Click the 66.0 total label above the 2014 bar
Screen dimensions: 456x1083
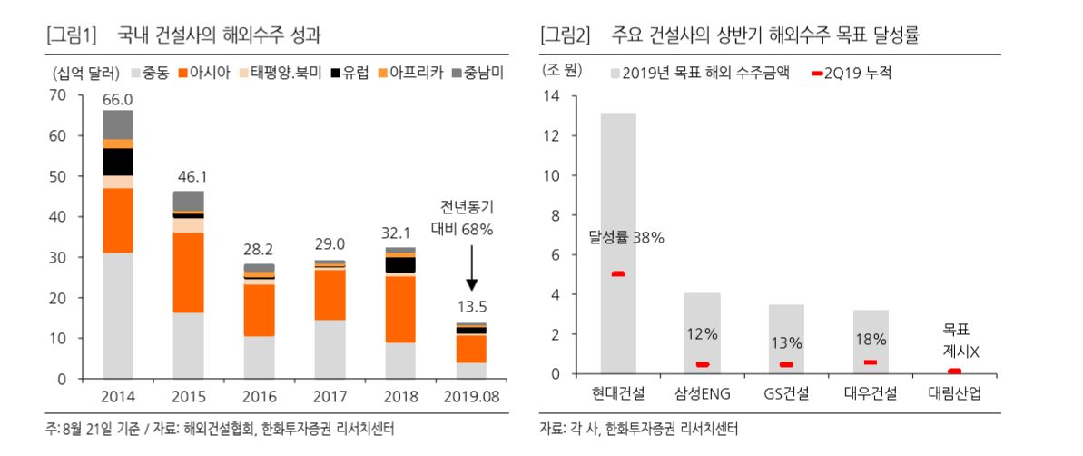[x=118, y=99]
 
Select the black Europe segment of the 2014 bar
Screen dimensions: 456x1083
[x=118, y=161]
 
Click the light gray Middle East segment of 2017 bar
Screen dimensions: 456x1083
[x=330, y=349]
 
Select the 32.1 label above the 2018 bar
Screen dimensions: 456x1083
[x=399, y=233]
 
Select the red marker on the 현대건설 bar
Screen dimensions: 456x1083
[x=618, y=273]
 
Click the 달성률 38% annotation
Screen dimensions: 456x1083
[x=625, y=238]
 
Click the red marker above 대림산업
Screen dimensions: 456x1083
[x=954, y=371]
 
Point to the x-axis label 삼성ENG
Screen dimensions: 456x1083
[x=702, y=394]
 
